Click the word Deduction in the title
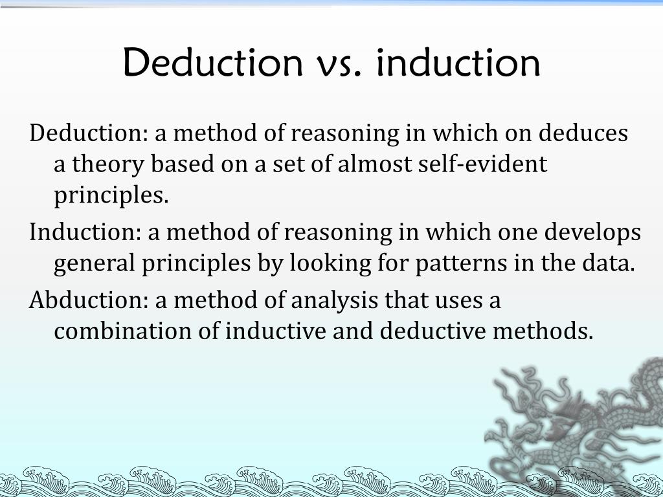click(x=212, y=63)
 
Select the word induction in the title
click(x=457, y=63)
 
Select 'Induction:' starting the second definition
click(x=84, y=232)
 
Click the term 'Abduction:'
click(x=89, y=300)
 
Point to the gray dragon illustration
click(x=576, y=421)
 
